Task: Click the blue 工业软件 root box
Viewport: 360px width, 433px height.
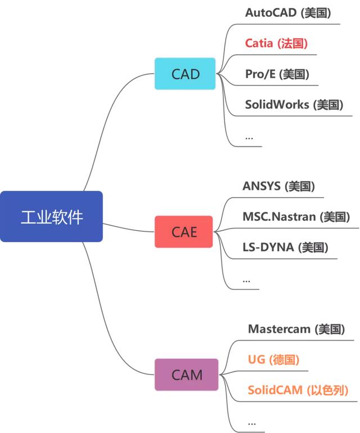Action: coord(51,217)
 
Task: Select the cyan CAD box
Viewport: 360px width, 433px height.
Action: coord(185,74)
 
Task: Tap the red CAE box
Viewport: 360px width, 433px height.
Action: coord(184,231)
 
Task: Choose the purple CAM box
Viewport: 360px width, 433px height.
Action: coord(187,374)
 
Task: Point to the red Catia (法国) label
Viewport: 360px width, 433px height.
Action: coord(276,43)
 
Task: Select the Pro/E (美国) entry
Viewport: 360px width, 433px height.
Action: coord(277,74)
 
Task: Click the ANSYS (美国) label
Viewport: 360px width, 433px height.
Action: coord(278,186)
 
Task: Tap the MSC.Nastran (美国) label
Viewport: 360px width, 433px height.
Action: coord(296,217)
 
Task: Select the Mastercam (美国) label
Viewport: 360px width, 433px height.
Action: coord(296,329)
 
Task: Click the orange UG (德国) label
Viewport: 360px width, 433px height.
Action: coord(273,360)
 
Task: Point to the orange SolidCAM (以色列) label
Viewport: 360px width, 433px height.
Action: coord(298,390)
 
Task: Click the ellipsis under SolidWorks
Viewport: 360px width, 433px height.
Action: coord(249,137)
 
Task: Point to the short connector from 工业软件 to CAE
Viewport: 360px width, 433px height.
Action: coord(129,227)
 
